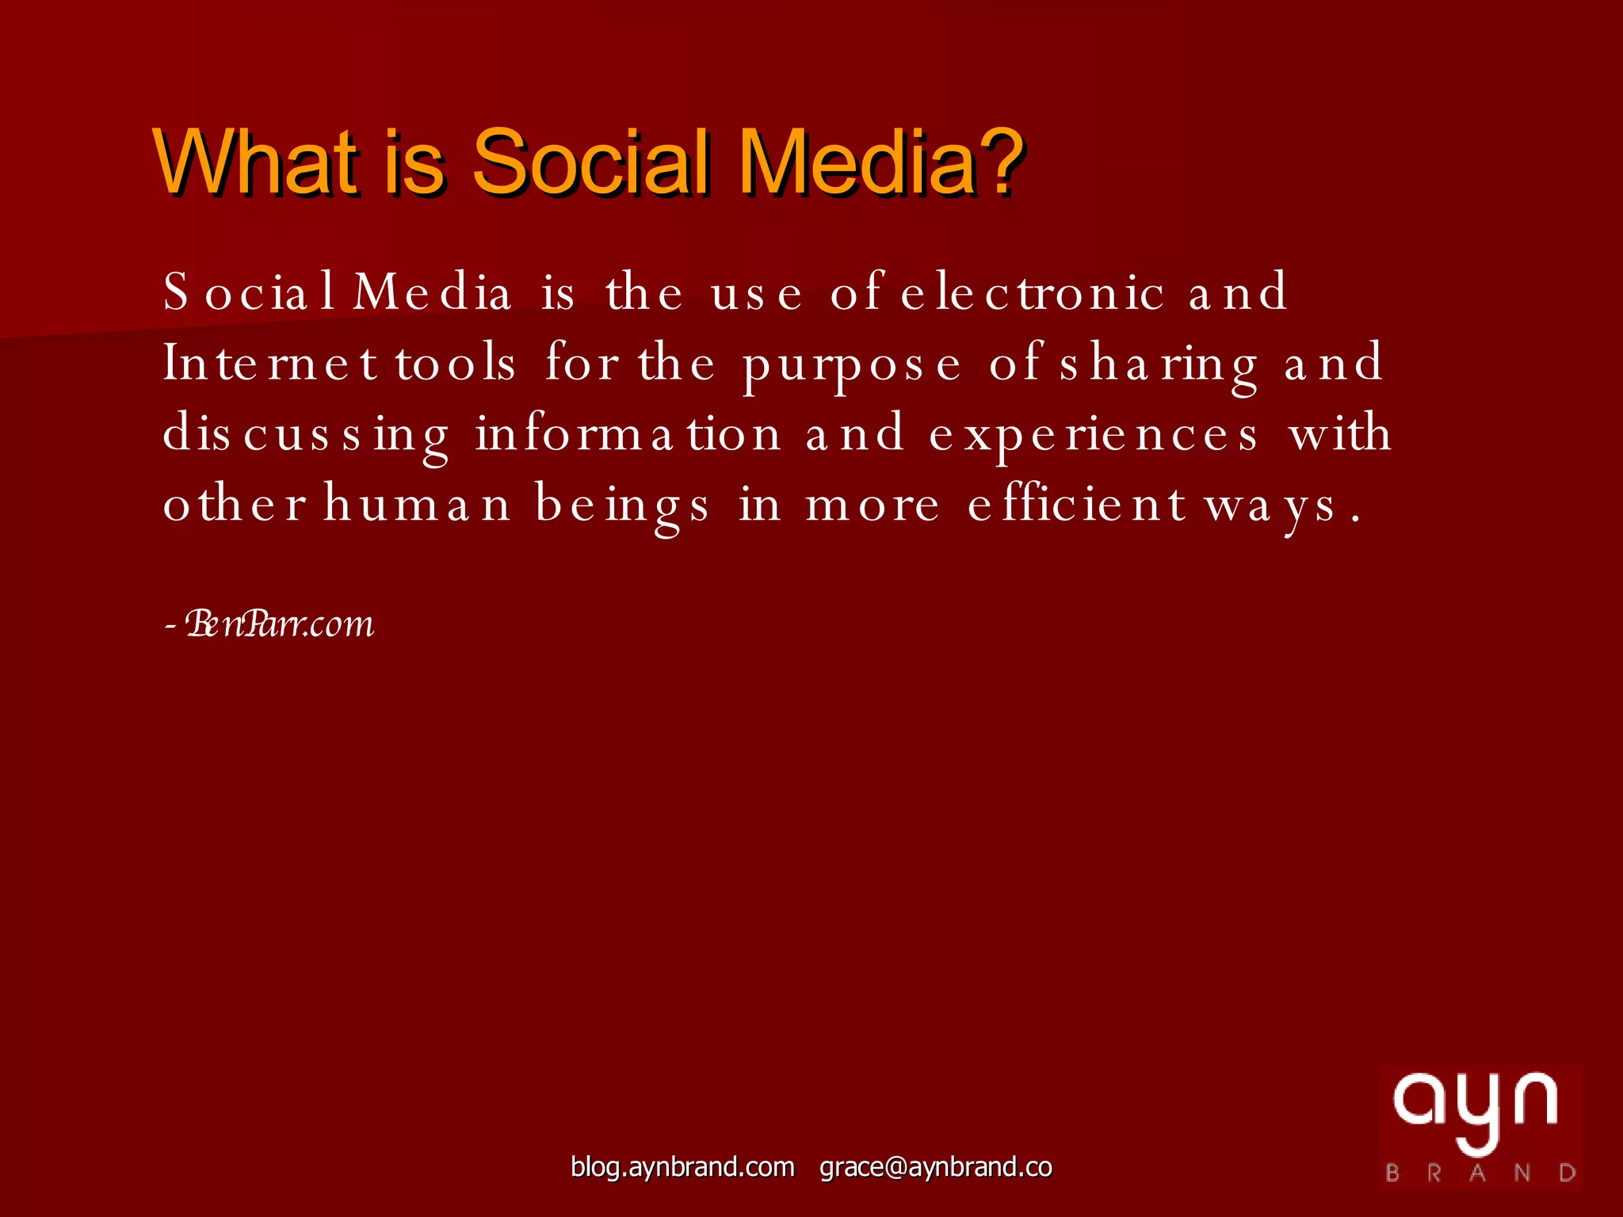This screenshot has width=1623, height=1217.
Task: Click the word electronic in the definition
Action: click(1033, 292)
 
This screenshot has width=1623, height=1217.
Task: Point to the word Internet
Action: click(270, 364)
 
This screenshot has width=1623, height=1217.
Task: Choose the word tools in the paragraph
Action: click(456, 364)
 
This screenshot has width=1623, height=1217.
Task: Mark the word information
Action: click(628, 435)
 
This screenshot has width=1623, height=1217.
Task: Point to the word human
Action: click(417, 505)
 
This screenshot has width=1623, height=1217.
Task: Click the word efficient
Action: click(1077, 505)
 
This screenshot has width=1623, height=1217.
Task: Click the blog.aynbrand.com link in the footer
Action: click(682, 1167)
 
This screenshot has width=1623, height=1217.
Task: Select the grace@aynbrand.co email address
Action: click(935, 1167)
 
